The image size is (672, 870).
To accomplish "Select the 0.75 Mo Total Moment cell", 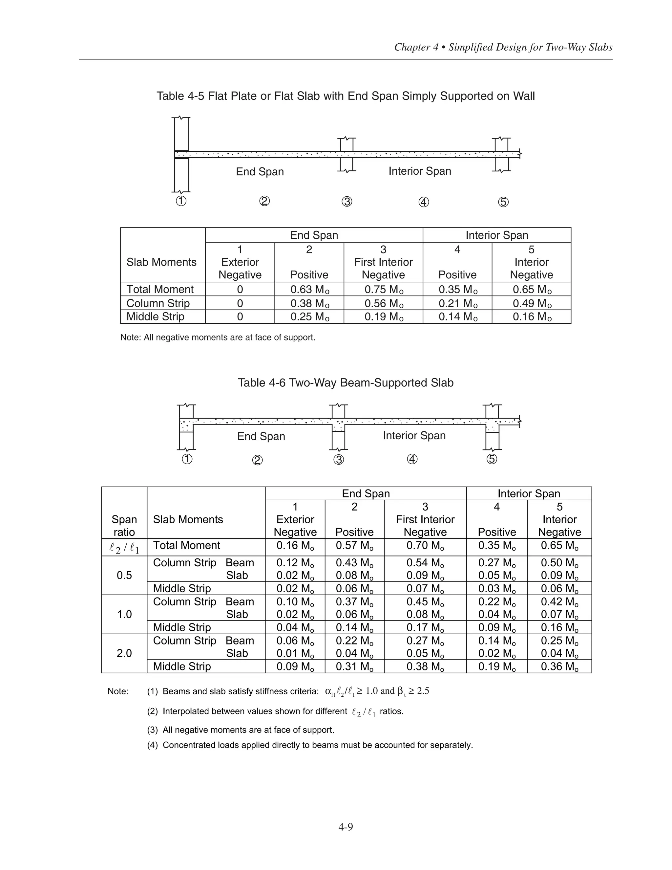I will [383, 290].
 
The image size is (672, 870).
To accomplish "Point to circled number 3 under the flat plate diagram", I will [347, 202].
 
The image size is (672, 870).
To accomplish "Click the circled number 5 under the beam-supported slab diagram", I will [492, 459].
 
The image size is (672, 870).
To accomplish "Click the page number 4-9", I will [346, 827].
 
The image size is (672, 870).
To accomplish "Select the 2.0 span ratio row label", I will [124, 653].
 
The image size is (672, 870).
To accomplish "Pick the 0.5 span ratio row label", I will [124, 575].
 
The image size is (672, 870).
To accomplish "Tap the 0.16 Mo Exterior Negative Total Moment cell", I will [295, 545].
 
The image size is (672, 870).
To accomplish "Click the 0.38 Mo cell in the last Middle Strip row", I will [425, 666].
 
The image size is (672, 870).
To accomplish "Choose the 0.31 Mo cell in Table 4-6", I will [354, 666].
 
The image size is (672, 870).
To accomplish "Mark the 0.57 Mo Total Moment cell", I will [354, 545].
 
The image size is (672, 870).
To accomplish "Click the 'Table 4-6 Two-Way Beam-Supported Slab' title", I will [346, 383].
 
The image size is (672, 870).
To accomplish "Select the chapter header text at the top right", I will [503, 47].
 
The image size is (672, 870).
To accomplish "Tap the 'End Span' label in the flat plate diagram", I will [260, 172].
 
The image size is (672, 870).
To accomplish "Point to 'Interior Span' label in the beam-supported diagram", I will [414, 436].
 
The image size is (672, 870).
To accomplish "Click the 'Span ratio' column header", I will [124, 526].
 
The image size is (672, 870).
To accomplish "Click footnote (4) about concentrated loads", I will [310, 745].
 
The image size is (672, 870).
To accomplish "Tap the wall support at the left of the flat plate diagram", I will [181, 155].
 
